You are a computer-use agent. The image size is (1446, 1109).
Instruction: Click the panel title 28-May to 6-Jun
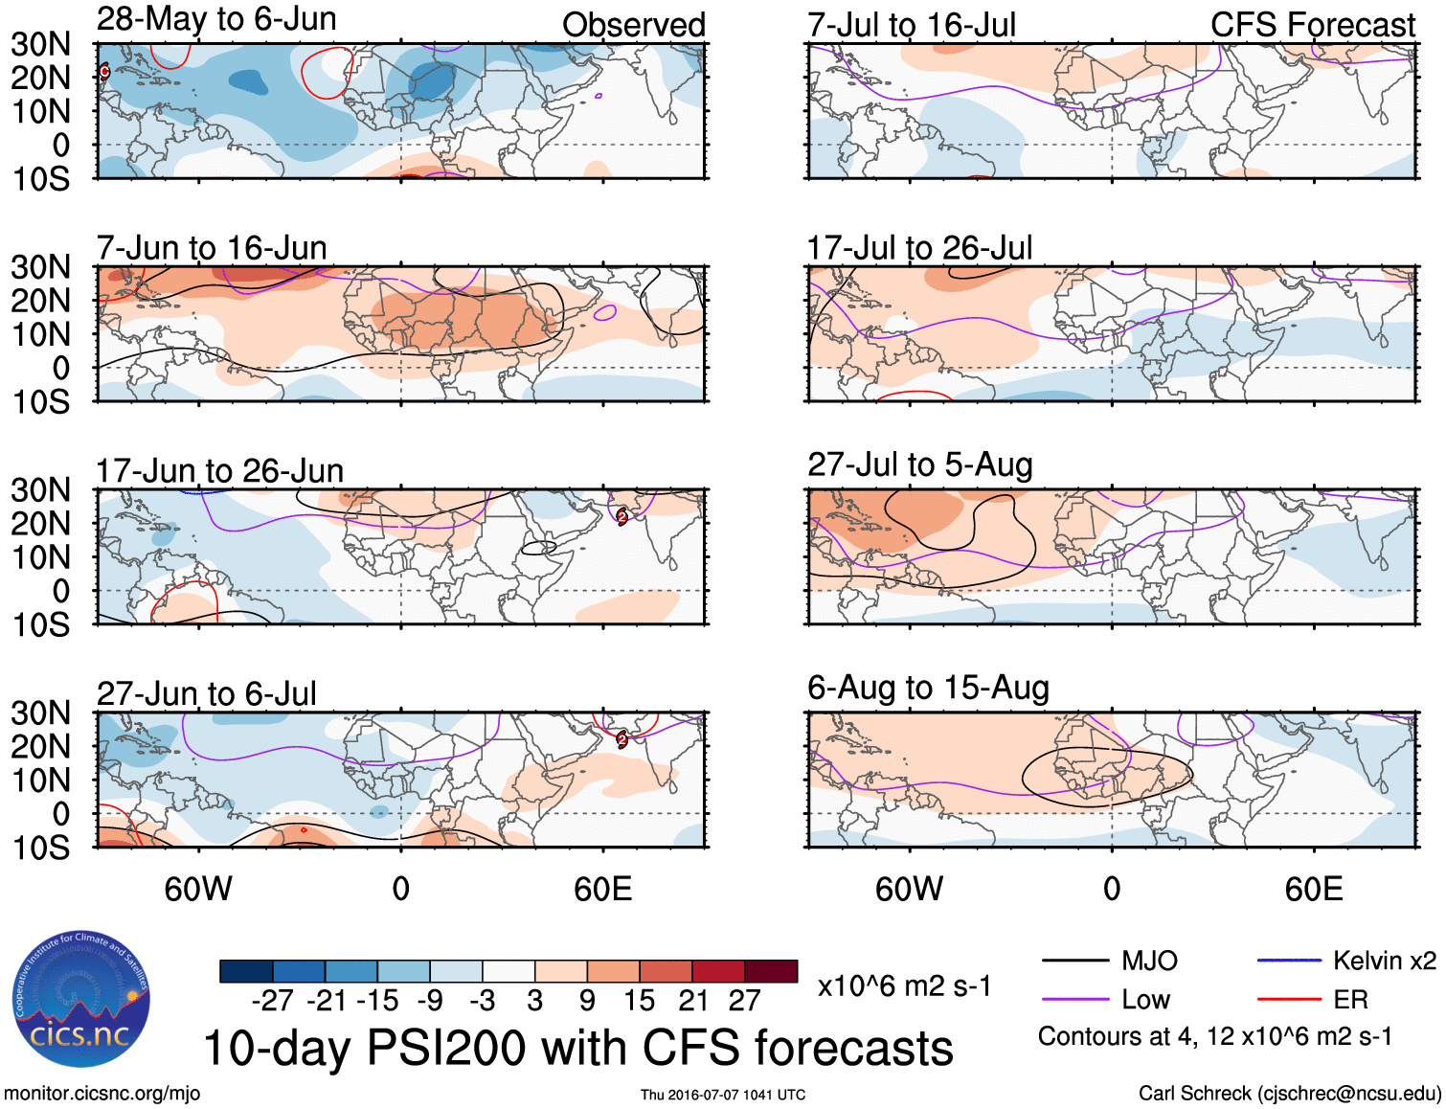216,19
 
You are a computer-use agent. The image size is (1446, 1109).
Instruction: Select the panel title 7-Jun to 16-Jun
212,248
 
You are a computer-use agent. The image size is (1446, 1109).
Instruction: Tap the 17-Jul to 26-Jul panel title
919,248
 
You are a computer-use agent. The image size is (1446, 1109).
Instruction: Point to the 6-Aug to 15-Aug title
928,688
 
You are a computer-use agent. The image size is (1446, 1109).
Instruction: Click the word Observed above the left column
633,25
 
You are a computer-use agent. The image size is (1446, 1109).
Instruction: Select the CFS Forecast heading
1312,25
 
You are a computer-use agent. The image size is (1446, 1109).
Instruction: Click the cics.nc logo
80,1000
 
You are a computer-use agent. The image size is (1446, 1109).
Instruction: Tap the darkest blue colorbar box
246,971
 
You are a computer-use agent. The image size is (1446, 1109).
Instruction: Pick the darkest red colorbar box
771,971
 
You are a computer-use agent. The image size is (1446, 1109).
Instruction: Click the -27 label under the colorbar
272,1001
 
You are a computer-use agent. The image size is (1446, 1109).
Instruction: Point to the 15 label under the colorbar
639,1001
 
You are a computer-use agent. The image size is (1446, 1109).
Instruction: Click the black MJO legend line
1074,961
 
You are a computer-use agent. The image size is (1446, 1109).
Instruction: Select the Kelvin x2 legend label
1384,961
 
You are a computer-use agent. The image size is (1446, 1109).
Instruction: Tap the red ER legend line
1288,1000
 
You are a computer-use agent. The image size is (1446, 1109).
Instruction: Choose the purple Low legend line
1074,1000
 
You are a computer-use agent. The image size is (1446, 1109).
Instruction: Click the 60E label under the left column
602,889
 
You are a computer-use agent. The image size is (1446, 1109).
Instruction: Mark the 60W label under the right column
909,889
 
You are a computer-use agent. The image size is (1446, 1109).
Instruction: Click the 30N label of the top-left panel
41,44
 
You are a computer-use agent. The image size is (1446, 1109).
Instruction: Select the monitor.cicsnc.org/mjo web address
102,1094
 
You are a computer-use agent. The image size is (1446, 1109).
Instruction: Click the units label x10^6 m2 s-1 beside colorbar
904,985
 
